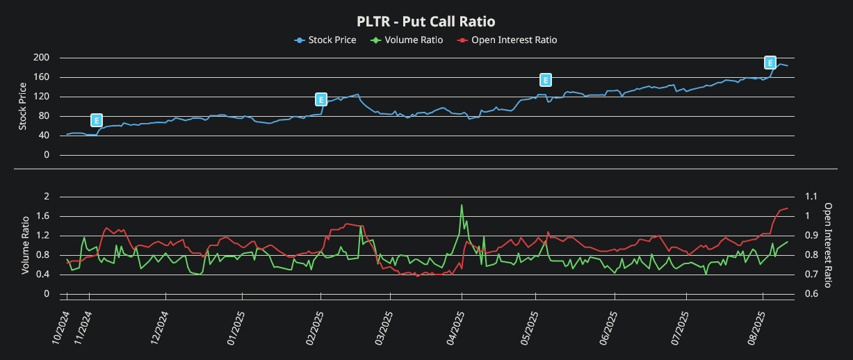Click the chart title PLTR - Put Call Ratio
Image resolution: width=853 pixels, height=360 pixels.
(x=426, y=22)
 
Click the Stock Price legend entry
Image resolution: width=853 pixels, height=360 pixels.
(x=325, y=40)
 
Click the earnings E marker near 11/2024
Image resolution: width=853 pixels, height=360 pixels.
(x=97, y=120)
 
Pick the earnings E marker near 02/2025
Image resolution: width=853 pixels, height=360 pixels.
(x=320, y=99)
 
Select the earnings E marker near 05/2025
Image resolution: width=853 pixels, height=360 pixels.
(x=546, y=80)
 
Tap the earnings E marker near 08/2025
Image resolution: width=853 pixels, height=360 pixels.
(x=770, y=63)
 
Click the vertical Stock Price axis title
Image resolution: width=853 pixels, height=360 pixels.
(x=24, y=106)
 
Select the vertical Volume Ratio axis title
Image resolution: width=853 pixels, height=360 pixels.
(x=25, y=245)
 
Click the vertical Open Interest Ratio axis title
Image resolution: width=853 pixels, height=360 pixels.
(x=828, y=245)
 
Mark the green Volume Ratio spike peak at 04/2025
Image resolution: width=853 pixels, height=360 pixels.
(x=462, y=205)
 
